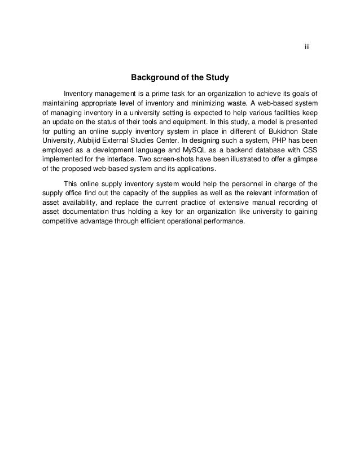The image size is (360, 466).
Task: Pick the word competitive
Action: tap(62, 221)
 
